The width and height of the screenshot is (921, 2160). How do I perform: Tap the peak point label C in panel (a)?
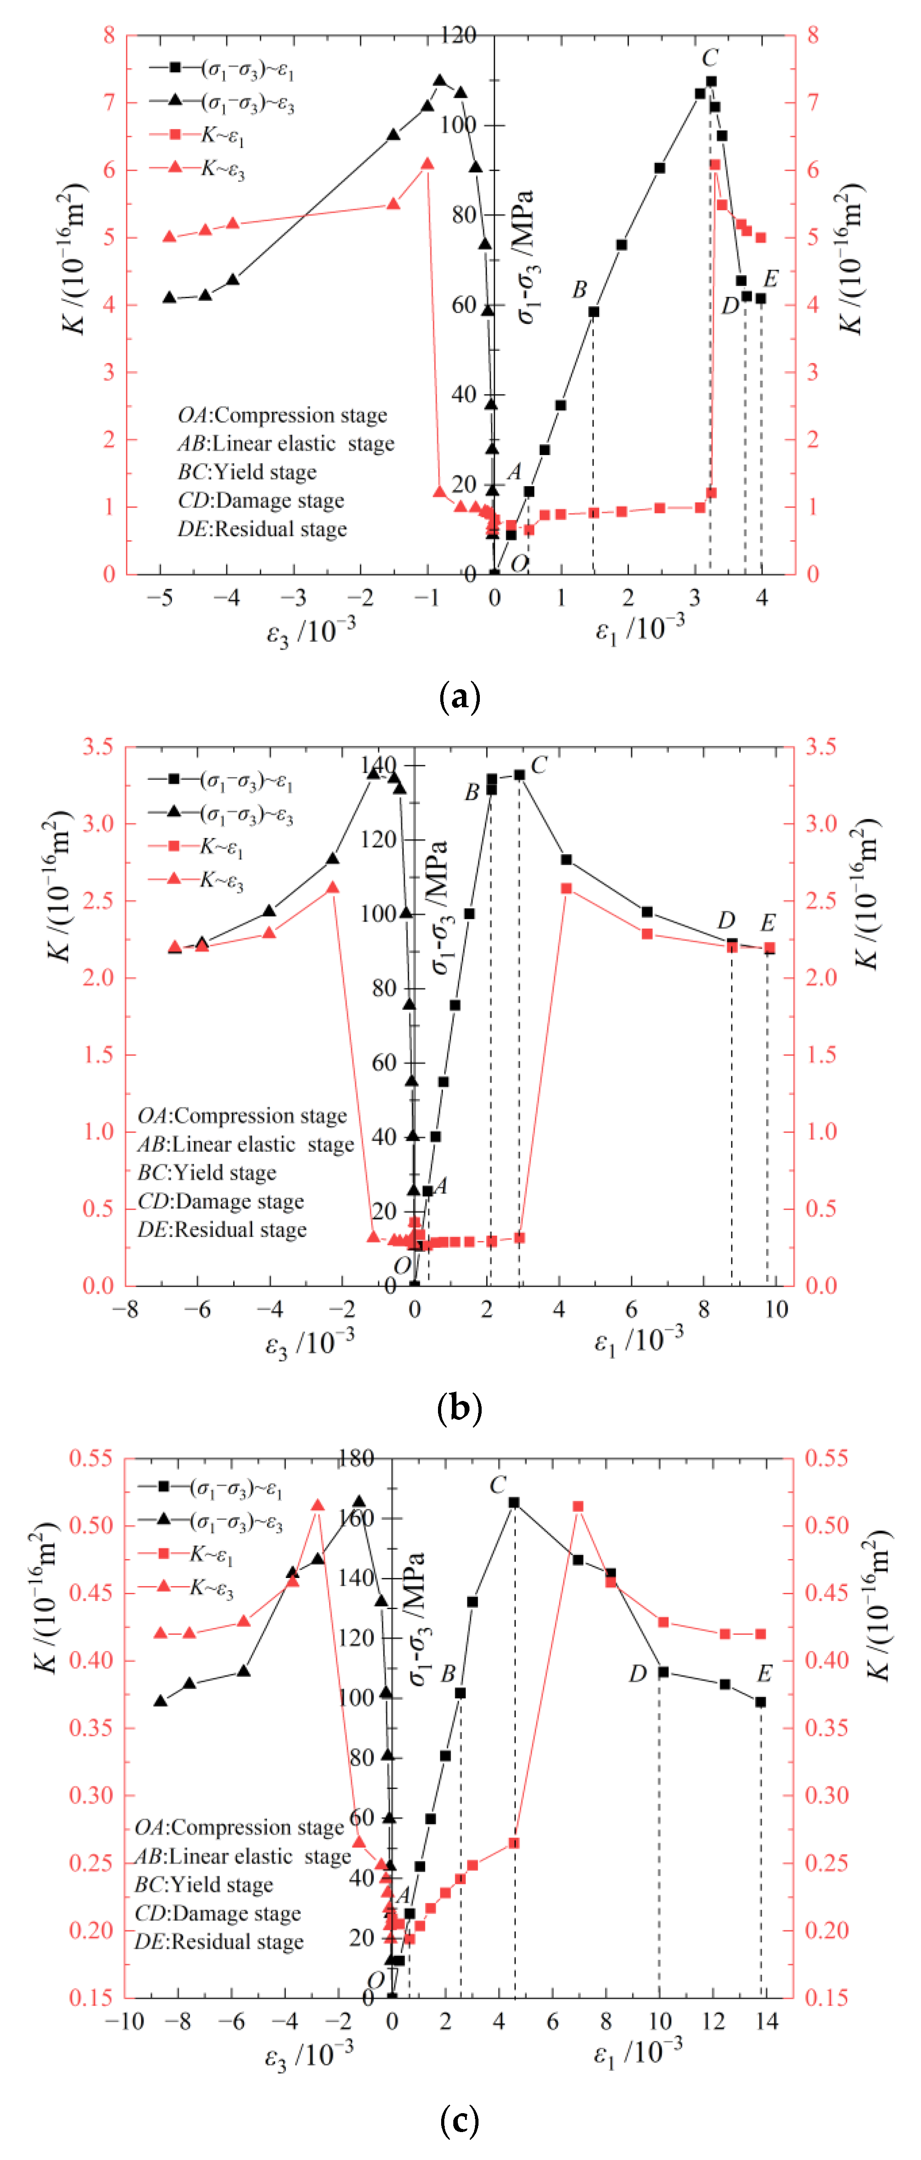(x=710, y=58)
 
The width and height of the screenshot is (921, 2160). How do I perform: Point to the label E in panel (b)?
(x=767, y=923)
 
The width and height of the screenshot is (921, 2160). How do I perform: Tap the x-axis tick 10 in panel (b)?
(x=776, y=1310)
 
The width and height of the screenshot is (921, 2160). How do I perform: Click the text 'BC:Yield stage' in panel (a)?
(x=247, y=472)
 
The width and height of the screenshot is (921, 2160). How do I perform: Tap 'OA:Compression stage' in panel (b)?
(x=242, y=1116)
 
